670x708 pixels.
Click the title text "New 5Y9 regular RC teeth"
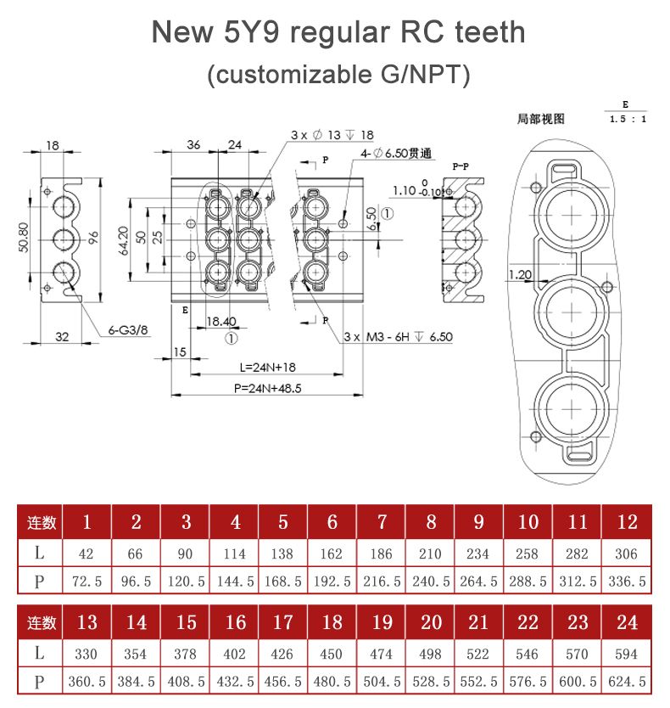click(x=338, y=32)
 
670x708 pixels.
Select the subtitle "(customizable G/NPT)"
click(x=338, y=74)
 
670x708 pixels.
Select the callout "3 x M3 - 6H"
click(x=398, y=337)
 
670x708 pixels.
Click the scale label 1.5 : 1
click(x=627, y=119)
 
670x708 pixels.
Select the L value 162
click(x=332, y=553)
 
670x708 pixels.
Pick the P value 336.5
click(x=627, y=582)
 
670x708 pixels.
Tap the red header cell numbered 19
click(x=382, y=622)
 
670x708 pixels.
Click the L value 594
click(x=627, y=654)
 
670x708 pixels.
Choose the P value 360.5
click(x=87, y=682)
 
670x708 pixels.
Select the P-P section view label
click(x=463, y=167)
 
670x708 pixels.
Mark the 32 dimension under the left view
click(x=62, y=336)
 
